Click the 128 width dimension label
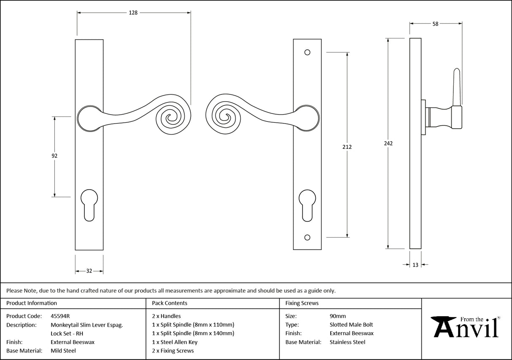(x=133, y=13)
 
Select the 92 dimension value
(x=54, y=156)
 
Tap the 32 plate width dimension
(x=89, y=271)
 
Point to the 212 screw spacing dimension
(x=347, y=147)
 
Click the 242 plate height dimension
(x=388, y=143)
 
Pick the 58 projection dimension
(x=435, y=24)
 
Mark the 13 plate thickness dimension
(x=415, y=265)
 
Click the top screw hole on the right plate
(x=307, y=52)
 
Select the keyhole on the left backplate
(x=89, y=204)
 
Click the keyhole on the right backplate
(x=307, y=204)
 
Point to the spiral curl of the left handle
(x=172, y=118)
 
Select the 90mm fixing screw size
(x=338, y=316)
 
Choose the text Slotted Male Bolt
(x=351, y=325)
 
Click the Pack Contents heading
(x=170, y=303)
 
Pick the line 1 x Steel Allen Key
(x=175, y=342)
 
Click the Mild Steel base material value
(x=63, y=351)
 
